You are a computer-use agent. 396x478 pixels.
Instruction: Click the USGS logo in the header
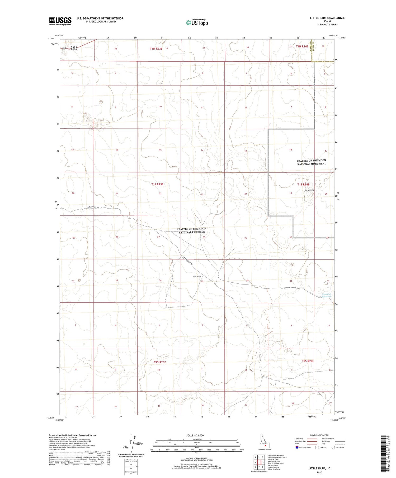(60, 21)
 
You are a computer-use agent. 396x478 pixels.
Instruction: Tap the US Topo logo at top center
(197, 23)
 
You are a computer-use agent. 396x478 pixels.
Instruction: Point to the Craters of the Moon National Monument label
(312, 162)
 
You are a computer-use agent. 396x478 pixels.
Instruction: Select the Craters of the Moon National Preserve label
(192, 230)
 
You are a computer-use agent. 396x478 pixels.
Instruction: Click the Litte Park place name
(198, 276)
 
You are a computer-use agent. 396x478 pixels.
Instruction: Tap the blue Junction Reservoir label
(327, 295)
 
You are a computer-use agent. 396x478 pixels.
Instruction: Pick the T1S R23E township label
(157, 184)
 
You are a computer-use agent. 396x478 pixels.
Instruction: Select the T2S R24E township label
(308, 361)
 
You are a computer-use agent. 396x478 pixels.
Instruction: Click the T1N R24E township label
(302, 46)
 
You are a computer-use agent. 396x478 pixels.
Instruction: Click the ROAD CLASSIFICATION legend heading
(319, 435)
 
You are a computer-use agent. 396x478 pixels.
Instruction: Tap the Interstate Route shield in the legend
(297, 447)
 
